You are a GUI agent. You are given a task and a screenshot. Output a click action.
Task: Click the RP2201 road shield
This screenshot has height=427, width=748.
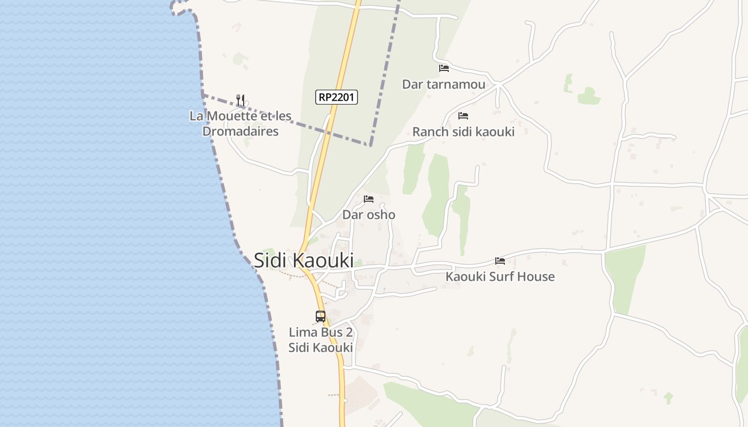(337, 97)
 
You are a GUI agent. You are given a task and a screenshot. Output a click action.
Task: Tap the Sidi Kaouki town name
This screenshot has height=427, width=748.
(303, 260)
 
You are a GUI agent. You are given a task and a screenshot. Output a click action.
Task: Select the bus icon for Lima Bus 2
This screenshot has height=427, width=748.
(321, 317)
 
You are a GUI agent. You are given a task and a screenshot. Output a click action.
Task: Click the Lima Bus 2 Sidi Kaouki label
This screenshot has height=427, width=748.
(321, 339)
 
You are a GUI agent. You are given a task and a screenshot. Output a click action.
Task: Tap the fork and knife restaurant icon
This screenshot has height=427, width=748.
(240, 100)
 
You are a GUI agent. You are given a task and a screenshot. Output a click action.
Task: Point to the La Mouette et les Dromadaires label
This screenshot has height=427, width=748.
(240, 123)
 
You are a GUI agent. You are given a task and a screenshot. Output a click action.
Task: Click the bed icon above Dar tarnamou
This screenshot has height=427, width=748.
(443, 68)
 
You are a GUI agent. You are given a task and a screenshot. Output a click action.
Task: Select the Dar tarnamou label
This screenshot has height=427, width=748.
(443, 84)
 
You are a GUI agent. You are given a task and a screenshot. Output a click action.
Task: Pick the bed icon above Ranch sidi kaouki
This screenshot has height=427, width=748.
(463, 115)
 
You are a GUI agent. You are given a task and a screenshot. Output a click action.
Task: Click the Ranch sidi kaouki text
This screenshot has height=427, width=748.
(463, 132)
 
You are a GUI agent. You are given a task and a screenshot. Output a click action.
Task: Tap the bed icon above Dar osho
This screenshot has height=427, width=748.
(369, 199)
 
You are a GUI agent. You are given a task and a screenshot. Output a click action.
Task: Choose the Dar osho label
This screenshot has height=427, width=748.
(369, 215)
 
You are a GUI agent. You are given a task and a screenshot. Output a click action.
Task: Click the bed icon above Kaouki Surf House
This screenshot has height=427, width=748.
(500, 261)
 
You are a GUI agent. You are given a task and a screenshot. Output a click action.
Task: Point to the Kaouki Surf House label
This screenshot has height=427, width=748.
(500, 276)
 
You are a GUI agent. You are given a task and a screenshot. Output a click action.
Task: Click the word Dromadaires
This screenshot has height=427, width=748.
(240, 131)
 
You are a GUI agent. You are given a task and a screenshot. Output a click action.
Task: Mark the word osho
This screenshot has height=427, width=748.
(380, 215)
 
